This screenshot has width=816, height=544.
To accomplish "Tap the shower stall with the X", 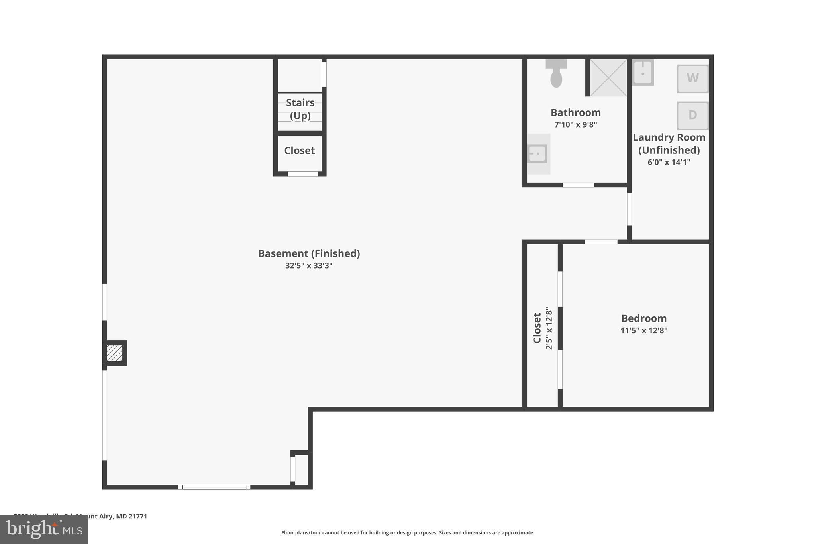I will pyautogui.click(x=608, y=78).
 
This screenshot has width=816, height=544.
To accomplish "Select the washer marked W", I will pyautogui.click(x=692, y=79).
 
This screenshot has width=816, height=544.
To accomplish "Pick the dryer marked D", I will pyautogui.click(x=692, y=115).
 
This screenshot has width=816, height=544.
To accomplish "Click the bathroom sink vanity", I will pyautogui.click(x=537, y=154).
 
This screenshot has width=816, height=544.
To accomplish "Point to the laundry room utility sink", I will pyautogui.click(x=643, y=73).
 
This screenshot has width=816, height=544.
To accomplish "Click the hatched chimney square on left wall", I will pyautogui.click(x=115, y=353).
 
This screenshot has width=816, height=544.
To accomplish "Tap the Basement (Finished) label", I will pyautogui.click(x=309, y=253).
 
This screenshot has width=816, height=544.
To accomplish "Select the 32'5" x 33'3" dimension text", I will pyautogui.click(x=309, y=266).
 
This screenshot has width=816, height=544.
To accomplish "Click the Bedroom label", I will pyautogui.click(x=643, y=318).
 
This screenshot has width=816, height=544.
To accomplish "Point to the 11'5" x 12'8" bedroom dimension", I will pyautogui.click(x=643, y=330).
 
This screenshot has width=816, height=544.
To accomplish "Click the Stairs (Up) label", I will pyautogui.click(x=300, y=109).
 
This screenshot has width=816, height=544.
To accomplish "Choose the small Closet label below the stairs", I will pyautogui.click(x=299, y=151).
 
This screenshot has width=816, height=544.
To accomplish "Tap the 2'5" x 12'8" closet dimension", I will pyautogui.click(x=549, y=328).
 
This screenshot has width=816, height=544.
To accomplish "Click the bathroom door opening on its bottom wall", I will pyautogui.click(x=578, y=185).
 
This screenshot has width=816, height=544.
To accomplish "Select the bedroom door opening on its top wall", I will pyautogui.click(x=601, y=242).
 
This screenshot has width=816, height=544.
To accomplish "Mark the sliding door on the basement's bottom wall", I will pyautogui.click(x=214, y=487).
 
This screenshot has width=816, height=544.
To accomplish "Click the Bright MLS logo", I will pyautogui.click(x=44, y=529).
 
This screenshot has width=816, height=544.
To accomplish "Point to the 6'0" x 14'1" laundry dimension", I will pyautogui.click(x=669, y=162).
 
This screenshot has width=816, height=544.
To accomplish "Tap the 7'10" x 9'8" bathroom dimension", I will pyautogui.click(x=575, y=124).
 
